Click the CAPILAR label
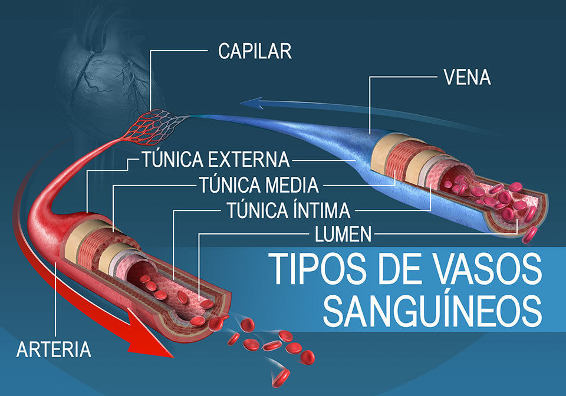pos(255,51)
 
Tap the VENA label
pos(467,77)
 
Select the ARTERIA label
pos(54,349)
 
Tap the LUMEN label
pos(343,234)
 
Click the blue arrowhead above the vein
pos(253,103)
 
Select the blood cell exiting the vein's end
pos(530,235)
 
